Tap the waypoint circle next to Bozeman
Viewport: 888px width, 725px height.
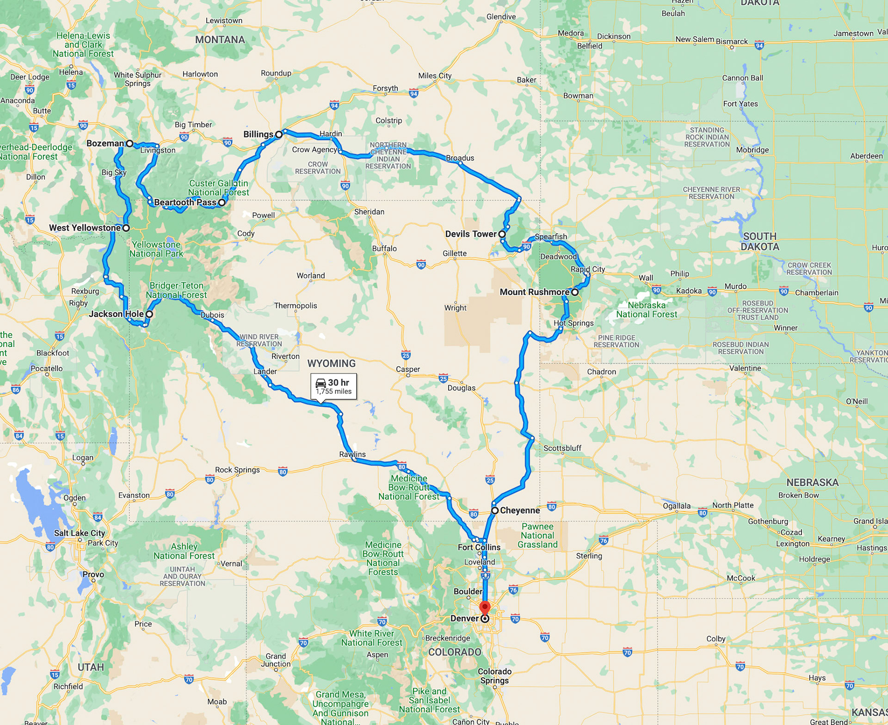(130, 143)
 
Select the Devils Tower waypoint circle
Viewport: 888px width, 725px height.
(502, 234)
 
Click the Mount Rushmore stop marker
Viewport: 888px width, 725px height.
(574, 292)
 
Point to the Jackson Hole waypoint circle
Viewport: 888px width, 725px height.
(149, 314)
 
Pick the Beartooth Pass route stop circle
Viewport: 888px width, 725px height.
(222, 202)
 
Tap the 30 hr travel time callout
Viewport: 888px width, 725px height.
(333, 386)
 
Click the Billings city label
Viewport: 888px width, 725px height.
(258, 134)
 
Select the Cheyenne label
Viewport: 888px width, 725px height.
(520, 510)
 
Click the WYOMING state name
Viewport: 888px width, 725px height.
(332, 363)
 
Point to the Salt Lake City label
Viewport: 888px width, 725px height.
(80, 533)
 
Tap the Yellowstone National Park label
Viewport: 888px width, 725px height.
(156, 249)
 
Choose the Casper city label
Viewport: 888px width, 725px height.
(408, 369)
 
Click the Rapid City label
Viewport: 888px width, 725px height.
(588, 269)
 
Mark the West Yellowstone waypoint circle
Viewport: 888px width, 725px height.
(126, 228)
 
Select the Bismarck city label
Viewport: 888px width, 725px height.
(732, 41)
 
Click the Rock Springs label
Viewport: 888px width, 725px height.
(237, 470)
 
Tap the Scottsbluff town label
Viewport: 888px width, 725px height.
(562, 448)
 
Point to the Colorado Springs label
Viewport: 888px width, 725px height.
(494, 675)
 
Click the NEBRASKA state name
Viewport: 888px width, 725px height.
(812, 482)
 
